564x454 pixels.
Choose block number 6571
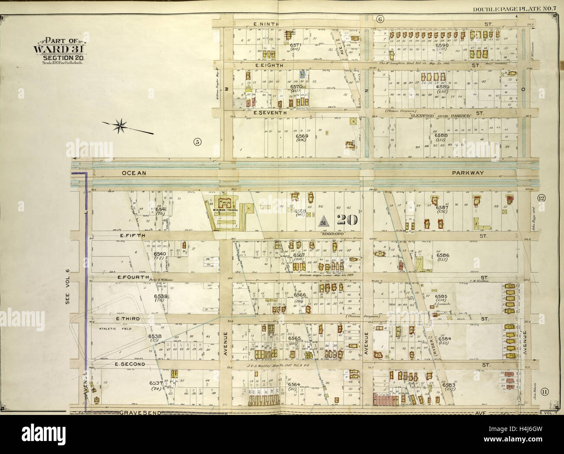295,45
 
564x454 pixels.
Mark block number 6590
442,45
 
